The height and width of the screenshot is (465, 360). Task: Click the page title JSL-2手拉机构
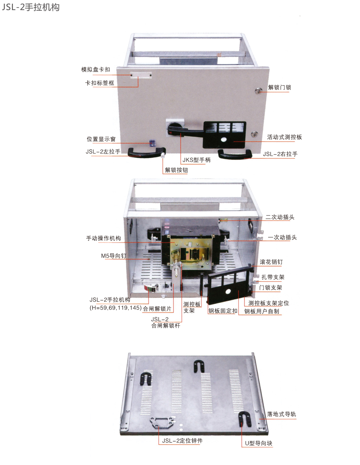tap(31, 7)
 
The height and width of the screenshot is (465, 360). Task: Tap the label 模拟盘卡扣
tap(95, 69)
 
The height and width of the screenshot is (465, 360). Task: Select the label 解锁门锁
tap(279, 87)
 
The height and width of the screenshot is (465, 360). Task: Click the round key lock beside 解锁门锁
tap(258, 91)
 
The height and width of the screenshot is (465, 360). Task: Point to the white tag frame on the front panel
tap(141, 75)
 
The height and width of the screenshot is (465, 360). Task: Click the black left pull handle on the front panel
tap(146, 152)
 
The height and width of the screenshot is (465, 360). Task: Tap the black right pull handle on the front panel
tap(235, 154)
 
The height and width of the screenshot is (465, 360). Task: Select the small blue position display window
tap(152, 143)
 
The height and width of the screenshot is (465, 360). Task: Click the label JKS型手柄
tap(196, 160)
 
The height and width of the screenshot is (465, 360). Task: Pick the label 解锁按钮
tap(176, 170)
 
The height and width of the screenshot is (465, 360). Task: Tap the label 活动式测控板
tap(284, 137)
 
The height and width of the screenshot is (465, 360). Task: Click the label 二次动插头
tap(280, 217)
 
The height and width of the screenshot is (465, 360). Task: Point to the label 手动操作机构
tap(103, 238)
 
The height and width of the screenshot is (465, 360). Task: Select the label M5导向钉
tap(113, 256)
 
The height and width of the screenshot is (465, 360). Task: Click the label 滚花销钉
tap(271, 262)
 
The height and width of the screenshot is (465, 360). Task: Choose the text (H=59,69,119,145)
tap(116, 308)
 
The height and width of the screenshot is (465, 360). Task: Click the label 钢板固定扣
tap(223, 311)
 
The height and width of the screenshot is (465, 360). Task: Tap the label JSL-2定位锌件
tap(182, 441)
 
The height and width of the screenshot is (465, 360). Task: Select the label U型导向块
tap(259, 443)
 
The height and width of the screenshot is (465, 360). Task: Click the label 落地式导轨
tap(281, 414)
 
